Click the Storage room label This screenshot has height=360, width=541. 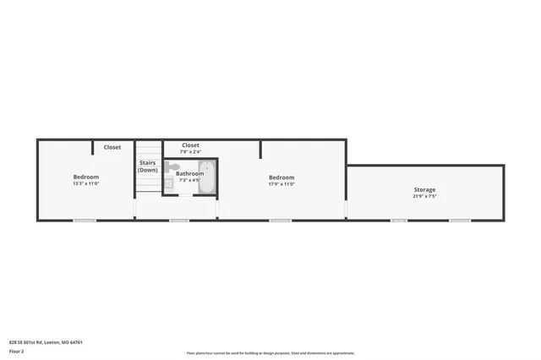424,189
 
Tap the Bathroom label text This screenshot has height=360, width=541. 189,173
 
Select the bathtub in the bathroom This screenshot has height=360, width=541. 208,177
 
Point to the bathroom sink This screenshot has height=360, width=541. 169,182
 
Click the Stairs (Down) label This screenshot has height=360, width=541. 148,166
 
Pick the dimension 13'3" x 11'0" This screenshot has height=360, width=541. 86,183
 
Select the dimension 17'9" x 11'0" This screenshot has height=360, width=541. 281,183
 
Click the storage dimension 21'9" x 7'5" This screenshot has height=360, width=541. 424,197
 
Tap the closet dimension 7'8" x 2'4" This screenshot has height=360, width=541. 190,152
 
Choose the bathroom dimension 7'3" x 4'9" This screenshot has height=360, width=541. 189,180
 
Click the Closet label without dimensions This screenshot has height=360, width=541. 112,147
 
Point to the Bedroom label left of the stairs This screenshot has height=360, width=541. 86,177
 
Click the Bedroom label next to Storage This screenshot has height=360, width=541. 281,177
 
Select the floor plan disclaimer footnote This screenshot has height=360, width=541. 270,353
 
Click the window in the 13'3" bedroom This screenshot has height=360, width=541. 84,221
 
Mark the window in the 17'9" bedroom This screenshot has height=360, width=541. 280,221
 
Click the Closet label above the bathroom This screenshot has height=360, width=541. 190,145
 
